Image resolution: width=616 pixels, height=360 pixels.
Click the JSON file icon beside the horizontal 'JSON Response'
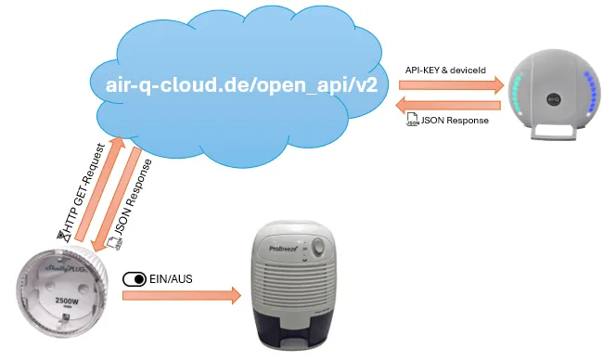point(412,122)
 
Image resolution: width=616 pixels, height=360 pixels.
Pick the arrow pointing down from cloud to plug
point(116,199)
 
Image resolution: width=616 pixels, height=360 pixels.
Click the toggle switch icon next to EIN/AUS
point(135,278)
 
